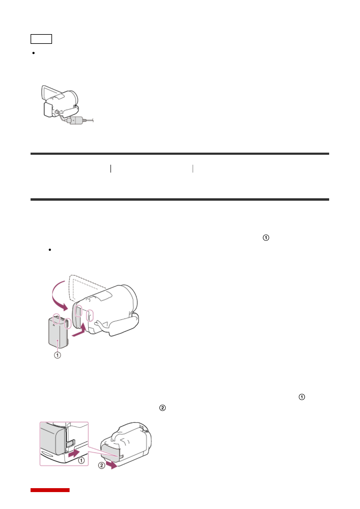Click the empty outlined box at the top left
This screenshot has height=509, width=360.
point(41,39)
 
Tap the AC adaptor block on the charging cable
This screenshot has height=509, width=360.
point(76,120)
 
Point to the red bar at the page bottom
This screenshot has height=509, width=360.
point(50,490)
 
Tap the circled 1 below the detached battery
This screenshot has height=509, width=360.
point(57,355)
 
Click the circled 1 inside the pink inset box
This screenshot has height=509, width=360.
point(81,460)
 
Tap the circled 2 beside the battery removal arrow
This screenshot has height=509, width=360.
point(102,465)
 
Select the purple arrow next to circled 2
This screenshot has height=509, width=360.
point(112,465)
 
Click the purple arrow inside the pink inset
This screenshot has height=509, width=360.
point(74,453)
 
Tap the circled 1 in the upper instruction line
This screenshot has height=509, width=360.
point(266,238)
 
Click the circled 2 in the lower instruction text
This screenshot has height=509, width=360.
point(162,408)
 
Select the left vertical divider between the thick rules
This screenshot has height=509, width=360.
point(111,169)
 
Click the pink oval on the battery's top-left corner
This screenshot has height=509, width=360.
point(56,319)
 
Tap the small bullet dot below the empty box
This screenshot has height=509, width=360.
point(33,53)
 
